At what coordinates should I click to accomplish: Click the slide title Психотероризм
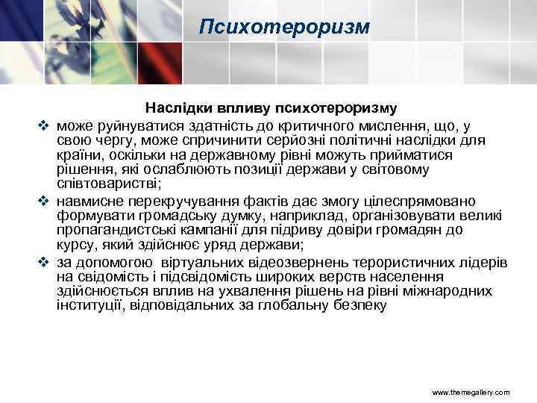[x=285, y=28]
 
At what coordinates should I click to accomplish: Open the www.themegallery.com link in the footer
[x=471, y=391]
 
